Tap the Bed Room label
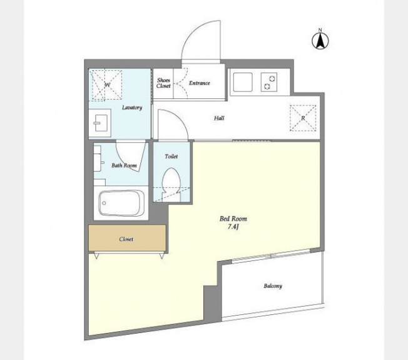pos(233,219)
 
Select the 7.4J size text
pos(233,227)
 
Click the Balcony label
pos(273,286)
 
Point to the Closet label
pos(126,239)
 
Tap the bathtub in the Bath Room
pos(121,203)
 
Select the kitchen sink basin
pos(243,82)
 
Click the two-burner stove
pos(269,82)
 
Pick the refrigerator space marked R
pos(303,118)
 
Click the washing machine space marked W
pos(106,85)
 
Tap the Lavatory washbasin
pos(100,123)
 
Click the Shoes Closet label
pos(163,83)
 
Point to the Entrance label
pos(200,83)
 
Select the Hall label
pos(219,118)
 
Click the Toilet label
pos(171,157)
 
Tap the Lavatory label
pos(132,108)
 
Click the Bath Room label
pos(124,165)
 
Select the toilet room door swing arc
pos(180,117)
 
